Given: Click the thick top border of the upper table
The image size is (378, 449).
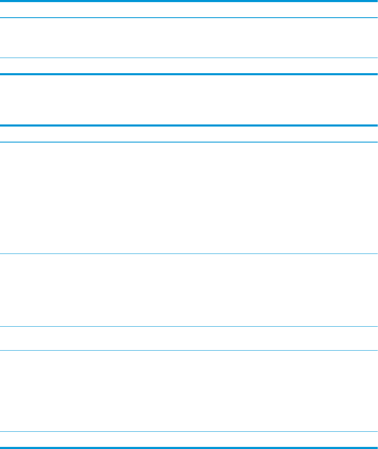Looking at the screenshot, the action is click(x=189, y=1).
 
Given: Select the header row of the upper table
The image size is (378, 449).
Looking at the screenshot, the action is click(x=189, y=9).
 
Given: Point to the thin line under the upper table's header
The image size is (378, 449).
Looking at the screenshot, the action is click(x=189, y=18).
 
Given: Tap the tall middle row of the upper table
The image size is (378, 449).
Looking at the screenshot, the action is click(x=189, y=38).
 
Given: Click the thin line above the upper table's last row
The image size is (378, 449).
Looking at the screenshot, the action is click(x=189, y=58).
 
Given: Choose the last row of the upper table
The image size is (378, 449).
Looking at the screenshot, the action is click(x=189, y=66).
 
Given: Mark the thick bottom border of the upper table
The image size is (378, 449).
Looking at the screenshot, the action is click(x=189, y=74).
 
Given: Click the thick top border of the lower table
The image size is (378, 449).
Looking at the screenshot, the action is click(x=189, y=125).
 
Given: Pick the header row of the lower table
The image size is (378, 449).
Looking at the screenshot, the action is click(x=189, y=134).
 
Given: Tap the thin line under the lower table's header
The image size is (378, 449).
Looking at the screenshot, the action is click(x=189, y=142).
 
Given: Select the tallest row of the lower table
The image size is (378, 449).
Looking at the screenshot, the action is click(x=189, y=198).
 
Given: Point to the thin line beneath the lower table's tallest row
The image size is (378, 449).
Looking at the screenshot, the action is click(x=189, y=254).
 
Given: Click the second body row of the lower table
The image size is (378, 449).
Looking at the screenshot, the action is click(x=189, y=290).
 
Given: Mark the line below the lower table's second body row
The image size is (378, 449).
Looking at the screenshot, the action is click(x=189, y=327).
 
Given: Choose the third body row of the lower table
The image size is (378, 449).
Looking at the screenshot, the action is click(x=189, y=338).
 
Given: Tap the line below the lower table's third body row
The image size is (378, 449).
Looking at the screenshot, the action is click(x=189, y=350).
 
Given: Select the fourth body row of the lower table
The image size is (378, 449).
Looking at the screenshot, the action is click(x=189, y=391).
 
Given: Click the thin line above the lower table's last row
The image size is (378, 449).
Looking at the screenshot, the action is click(x=189, y=432).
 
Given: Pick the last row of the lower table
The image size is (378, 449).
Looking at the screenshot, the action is click(x=189, y=439).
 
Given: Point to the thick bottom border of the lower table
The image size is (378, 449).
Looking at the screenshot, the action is click(x=189, y=447).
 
